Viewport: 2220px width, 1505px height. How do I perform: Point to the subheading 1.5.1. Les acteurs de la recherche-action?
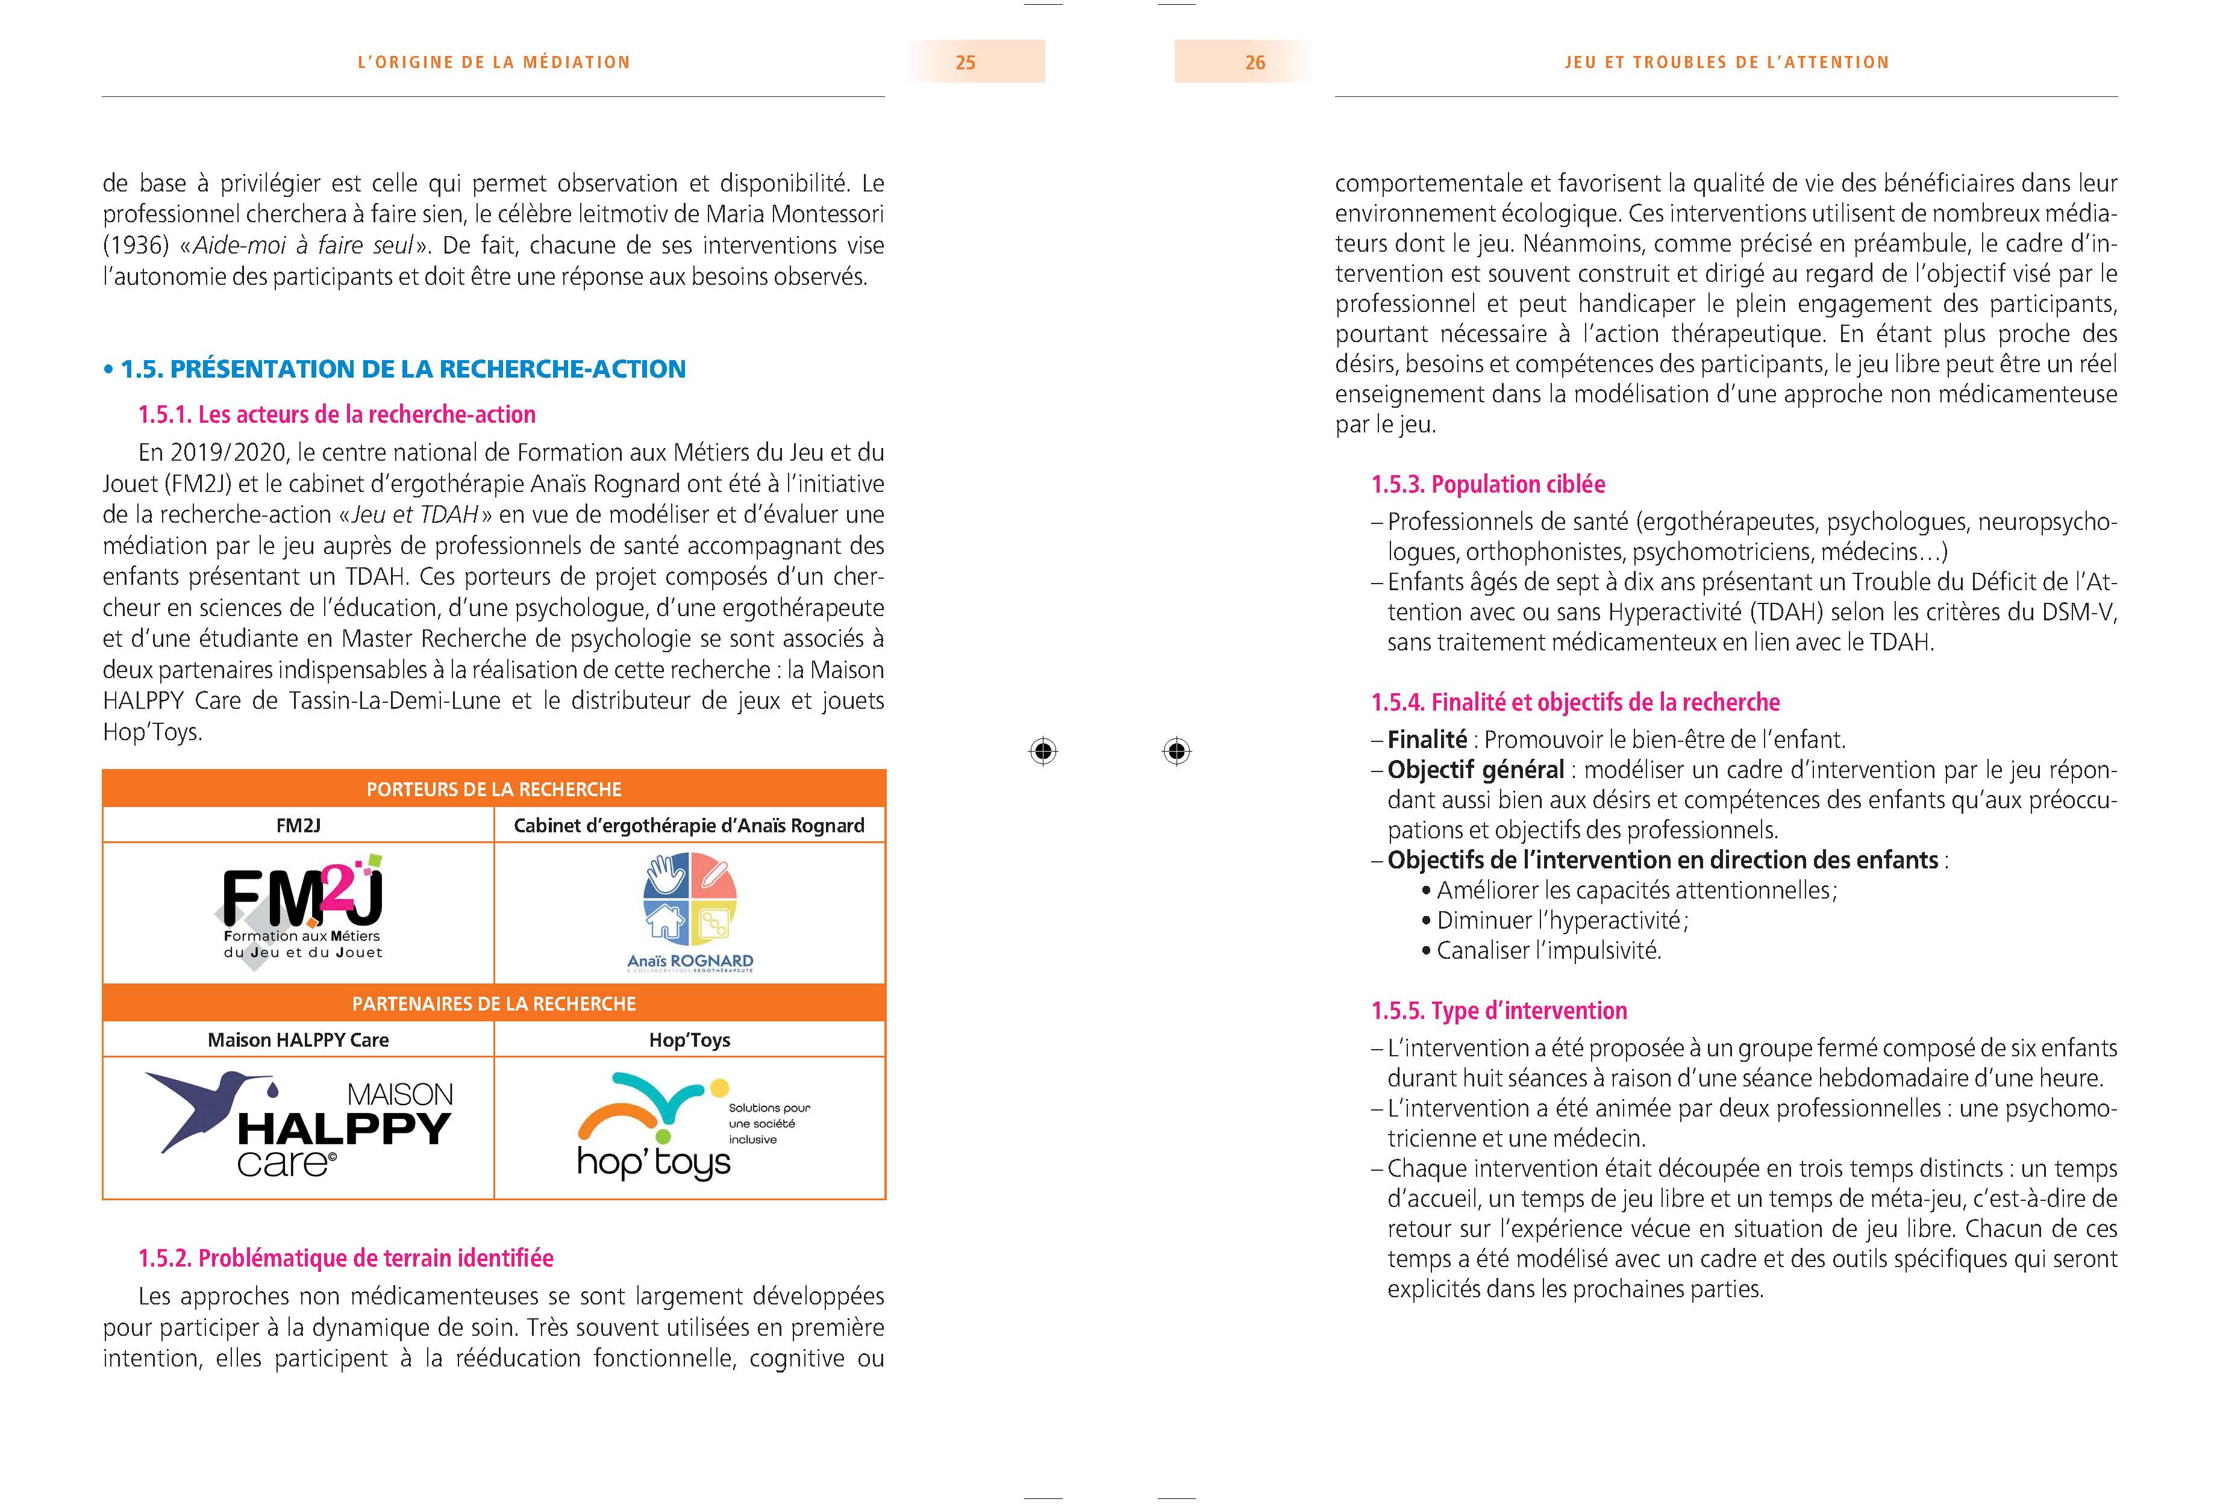click(x=336, y=414)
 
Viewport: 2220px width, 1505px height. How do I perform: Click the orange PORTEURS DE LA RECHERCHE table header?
click(x=494, y=789)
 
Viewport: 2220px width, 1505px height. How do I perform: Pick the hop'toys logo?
click(x=669, y=1127)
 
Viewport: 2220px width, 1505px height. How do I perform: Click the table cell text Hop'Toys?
click(x=690, y=1040)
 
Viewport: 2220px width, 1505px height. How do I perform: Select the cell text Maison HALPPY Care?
click(x=298, y=1040)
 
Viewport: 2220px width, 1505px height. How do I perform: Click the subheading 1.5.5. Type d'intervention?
click(x=1499, y=1011)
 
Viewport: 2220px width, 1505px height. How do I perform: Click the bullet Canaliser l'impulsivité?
click(x=1548, y=951)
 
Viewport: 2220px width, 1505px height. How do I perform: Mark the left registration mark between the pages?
click(x=1043, y=752)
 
